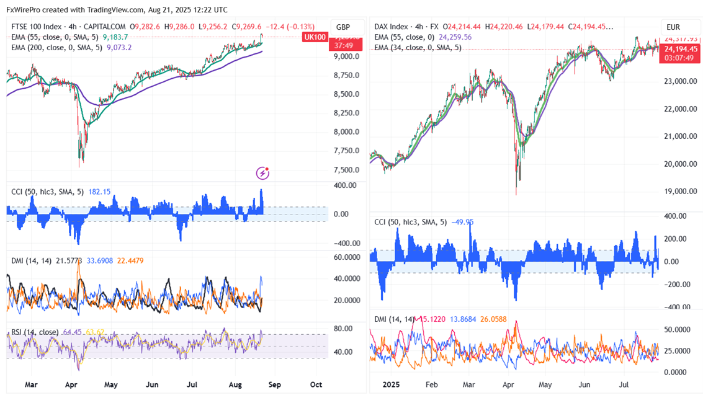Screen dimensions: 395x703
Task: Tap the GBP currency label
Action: click(x=343, y=27)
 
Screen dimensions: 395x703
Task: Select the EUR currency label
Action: click(x=673, y=27)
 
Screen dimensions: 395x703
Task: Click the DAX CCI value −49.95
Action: click(x=462, y=222)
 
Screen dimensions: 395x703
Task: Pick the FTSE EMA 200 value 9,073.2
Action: click(x=119, y=47)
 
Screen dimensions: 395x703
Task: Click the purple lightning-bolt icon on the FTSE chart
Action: click(x=263, y=173)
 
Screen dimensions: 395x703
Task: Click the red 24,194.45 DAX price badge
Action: click(x=681, y=49)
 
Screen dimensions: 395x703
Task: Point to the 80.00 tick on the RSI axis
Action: click(x=344, y=329)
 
